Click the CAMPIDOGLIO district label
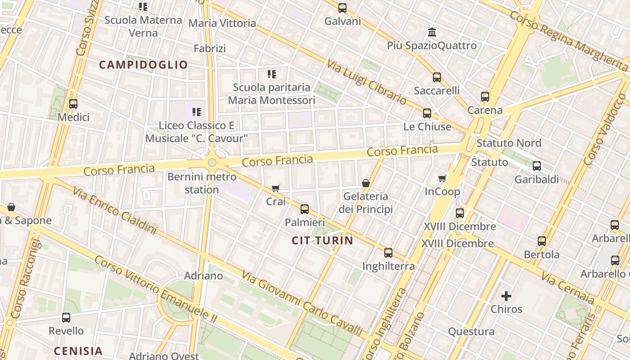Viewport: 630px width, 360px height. (x=143, y=65)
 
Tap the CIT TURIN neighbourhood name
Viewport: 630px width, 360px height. (x=322, y=240)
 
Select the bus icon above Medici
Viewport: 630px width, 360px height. (x=73, y=104)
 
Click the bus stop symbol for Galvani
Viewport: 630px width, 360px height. (x=342, y=8)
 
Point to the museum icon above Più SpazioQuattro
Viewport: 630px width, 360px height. (x=432, y=32)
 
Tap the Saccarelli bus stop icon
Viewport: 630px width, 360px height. (x=436, y=77)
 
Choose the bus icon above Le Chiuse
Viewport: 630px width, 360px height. (x=427, y=113)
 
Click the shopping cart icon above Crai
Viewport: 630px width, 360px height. (x=275, y=188)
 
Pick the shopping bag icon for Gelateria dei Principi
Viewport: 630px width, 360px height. (x=365, y=183)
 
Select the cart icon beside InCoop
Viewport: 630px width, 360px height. (x=442, y=179)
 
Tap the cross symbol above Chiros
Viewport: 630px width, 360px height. (x=506, y=296)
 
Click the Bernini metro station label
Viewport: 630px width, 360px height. (x=202, y=183)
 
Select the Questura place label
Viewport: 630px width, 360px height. (x=471, y=332)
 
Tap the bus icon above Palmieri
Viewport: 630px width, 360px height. (x=305, y=209)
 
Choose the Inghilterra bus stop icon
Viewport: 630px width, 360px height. (x=388, y=252)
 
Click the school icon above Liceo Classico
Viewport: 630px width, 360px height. (x=196, y=112)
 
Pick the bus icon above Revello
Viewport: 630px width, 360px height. (x=66, y=317)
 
